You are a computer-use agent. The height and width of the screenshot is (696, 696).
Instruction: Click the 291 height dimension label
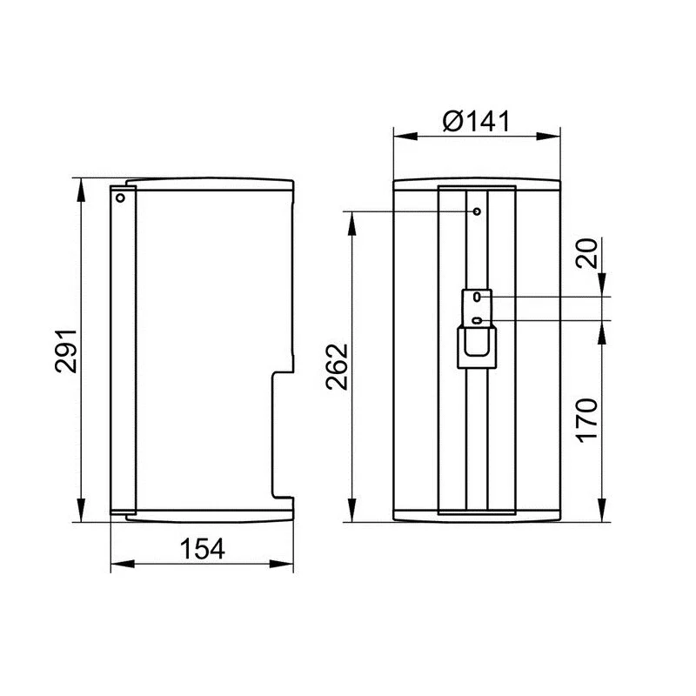click(66, 351)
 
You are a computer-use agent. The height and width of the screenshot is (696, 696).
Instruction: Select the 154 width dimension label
click(203, 549)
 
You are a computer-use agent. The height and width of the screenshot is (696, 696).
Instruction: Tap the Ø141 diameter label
click(477, 121)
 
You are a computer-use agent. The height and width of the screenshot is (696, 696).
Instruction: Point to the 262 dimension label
click(337, 366)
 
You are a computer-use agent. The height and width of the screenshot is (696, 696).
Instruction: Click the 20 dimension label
click(586, 253)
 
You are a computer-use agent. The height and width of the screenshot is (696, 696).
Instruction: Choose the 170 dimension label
click(586, 420)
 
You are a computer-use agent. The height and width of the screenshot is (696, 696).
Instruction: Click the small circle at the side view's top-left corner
click(120, 197)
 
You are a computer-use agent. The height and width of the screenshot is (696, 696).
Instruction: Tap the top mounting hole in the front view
click(477, 211)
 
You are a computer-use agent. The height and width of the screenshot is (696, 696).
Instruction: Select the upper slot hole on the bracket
click(477, 297)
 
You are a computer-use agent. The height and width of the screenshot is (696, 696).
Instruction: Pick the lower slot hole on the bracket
click(477, 320)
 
